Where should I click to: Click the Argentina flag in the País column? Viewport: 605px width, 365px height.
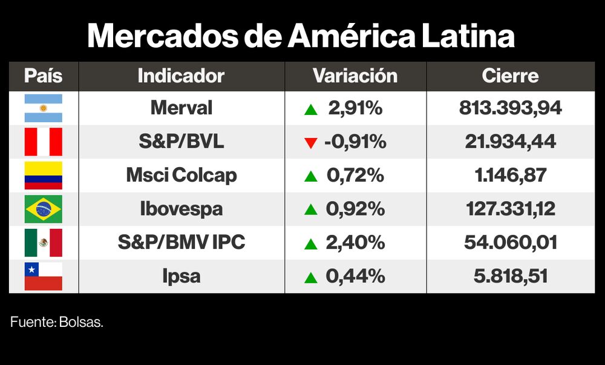tap(43, 108)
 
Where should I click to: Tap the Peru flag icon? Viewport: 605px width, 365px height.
tap(43, 142)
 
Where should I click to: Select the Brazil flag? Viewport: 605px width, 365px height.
tap(43, 209)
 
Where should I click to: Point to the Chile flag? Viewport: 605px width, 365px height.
tap(43, 277)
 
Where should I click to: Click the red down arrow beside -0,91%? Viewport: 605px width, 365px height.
tap(311, 143)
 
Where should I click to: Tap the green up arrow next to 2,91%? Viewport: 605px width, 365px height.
tap(311, 110)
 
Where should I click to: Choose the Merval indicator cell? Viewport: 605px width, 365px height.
tap(181, 108)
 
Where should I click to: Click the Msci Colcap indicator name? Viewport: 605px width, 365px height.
tap(181, 176)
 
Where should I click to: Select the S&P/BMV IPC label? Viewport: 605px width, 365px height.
tap(181, 243)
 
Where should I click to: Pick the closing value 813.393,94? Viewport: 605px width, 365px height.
tap(510, 108)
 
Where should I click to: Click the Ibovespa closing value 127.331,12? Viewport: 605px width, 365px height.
tap(510, 209)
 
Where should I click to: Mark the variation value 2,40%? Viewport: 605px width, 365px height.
tap(355, 243)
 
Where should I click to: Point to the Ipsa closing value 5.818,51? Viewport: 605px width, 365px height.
tap(510, 277)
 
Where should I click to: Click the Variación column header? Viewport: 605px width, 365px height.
tap(355, 76)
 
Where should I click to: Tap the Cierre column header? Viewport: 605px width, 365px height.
tap(510, 76)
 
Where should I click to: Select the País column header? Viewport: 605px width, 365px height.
tap(43, 76)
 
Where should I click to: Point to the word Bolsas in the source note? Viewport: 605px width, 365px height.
tap(81, 323)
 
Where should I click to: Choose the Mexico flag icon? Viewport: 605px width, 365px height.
tap(43, 243)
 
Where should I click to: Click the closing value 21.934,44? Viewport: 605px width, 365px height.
tap(510, 142)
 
